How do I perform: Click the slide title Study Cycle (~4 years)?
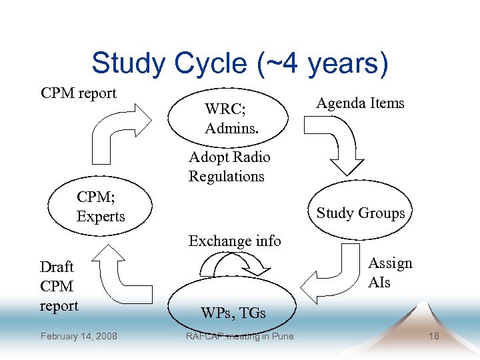coord(239,63)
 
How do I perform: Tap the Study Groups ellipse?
coord(361,213)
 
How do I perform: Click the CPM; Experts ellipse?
coord(101,207)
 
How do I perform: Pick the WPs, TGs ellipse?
coord(233,307)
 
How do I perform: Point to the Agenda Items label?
coord(360,103)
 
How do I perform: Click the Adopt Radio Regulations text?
coord(229,167)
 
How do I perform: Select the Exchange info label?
coord(235,241)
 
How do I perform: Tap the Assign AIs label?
coord(390,273)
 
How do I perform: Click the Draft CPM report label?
coord(59,286)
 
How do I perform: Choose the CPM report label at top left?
coord(79,93)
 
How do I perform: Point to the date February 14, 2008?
coord(79,336)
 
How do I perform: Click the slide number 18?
coord(433,336)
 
